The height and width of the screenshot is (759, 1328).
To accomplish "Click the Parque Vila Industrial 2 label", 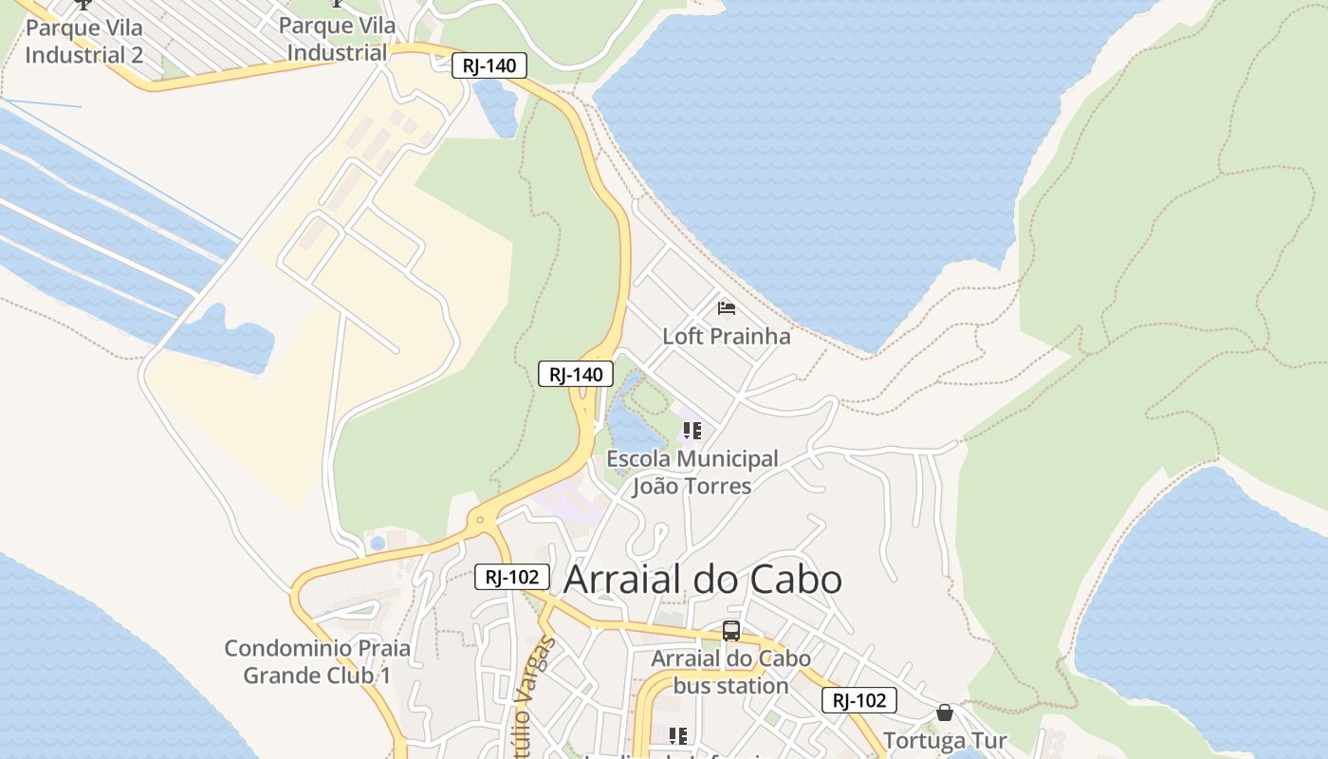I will click(x=84, y=41).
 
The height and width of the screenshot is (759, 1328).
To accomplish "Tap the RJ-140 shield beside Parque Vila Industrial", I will click(x=489, y=65).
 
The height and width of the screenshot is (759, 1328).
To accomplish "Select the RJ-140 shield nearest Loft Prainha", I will click(x=576, y=374).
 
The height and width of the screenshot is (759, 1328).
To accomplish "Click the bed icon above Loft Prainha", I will click(x=727, y=307).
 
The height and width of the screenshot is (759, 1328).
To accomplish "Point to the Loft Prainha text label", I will click(x=726, y=336).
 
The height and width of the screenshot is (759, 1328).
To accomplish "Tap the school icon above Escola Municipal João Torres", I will click(x=692, y=431).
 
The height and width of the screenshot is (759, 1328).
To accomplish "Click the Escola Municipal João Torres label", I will click(x=692, y=472).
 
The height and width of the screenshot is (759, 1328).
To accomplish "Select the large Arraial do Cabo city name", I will click(x=703, y=580).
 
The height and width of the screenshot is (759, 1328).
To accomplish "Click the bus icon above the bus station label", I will click(x=730, y=631).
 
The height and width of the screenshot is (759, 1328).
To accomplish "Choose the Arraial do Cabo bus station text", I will click(x=730, y=672).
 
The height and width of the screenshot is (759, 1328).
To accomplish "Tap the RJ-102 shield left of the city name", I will click(x=512, y=576).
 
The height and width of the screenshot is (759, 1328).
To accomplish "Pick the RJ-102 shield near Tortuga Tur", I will click(x=858, y=700).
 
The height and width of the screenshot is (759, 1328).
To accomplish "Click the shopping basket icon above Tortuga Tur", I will click(x=945, y=713).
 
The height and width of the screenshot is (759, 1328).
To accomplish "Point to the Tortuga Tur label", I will click(x=945, y=740).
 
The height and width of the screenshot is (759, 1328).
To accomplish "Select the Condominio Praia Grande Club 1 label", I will click(x=317, y=662).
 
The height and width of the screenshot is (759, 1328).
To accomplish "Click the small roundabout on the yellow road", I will click(x=480, y=519).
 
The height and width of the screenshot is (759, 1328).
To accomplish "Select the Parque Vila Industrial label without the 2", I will click(x=338, y=39).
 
